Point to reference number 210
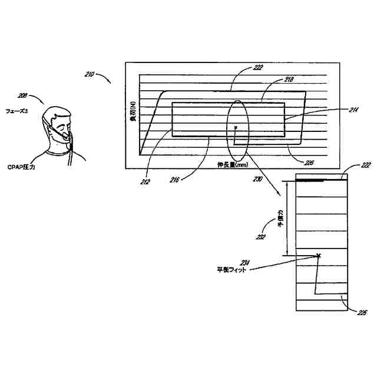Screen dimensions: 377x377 tap(90, 74)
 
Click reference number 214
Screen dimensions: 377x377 tap(337, 109)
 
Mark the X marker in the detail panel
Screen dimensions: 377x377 tap(319, 256)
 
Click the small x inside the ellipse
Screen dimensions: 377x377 tap(235, 127)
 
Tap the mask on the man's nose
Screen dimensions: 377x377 tap(62, 135)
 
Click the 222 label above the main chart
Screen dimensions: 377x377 tap(258, 68)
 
